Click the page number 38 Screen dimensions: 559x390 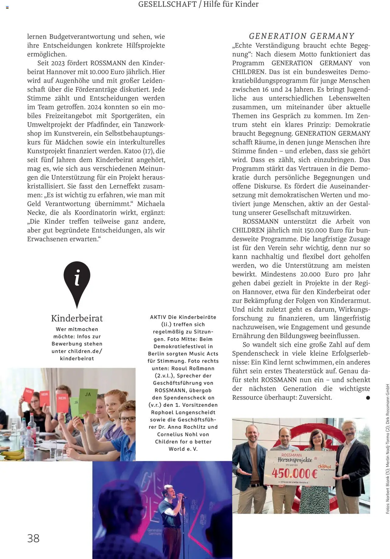tap(33, 538)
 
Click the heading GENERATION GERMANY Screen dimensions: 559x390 tap(301, 36)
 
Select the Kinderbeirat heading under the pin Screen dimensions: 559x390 tap(77, 318)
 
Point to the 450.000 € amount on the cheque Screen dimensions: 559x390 tap(295, 473)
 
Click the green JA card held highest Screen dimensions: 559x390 tap(88, 400)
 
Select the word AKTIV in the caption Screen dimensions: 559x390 tap(158, 317)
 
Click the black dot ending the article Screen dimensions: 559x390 tap(368, 397)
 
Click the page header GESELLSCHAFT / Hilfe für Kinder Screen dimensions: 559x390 tap(198, 4)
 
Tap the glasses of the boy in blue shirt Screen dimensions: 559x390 tap(127, 419)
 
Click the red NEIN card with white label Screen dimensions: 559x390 tap(62, 402)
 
